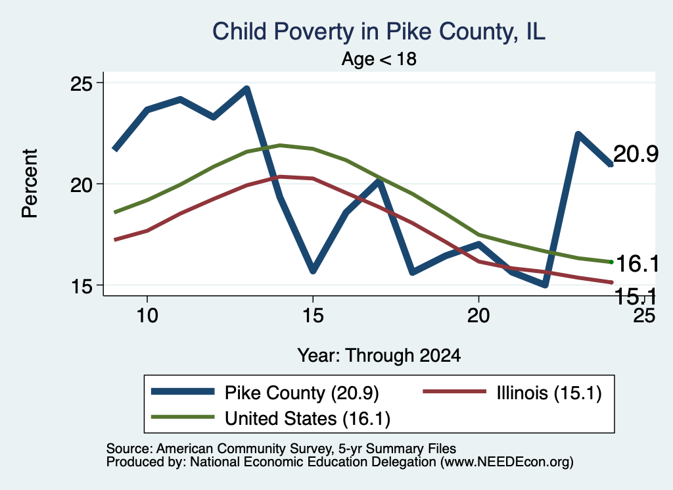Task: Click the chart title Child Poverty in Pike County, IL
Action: (x=379, y=32)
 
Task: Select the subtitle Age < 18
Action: (x=379, y=59)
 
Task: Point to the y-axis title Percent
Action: (x=30, y=184)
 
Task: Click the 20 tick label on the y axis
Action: (x=81, y=184)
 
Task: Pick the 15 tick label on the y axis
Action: (x=81, y=285)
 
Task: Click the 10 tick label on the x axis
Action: (x=147, y=316)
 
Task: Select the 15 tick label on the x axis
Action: (x=313, y=316)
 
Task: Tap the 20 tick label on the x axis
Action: (x=478, y=316)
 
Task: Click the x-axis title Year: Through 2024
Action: (x=379, y=356)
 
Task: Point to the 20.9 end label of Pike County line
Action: (x=636, y=154)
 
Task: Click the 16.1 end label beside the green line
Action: (x=638, y=263)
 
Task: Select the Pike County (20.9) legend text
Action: (x=301, y=393)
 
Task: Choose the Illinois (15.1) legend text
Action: (x=549, y=393)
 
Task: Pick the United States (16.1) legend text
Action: (x=308, y=419)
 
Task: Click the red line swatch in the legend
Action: (x=455, y=391)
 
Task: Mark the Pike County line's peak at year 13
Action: (x=246, y=89)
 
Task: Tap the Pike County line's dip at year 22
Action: (x=545, y=284)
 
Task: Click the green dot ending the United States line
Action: (x=611, y=262)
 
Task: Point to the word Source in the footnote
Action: (x=129, y=449)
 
